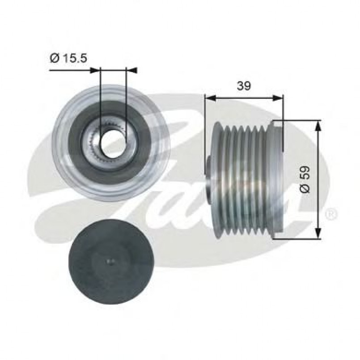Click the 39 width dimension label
(x=244, y=86)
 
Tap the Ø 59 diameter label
(x=305, y=179)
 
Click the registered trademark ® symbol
(x=330, y=214)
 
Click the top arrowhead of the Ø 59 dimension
(x=318, y=126)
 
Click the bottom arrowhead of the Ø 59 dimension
(x=318, y=233)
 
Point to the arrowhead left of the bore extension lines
(x=95, y=70)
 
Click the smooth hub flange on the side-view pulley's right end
(x=277, y=179)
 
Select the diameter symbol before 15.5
(x=54, y=58)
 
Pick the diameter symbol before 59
(x=305, y=189)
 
